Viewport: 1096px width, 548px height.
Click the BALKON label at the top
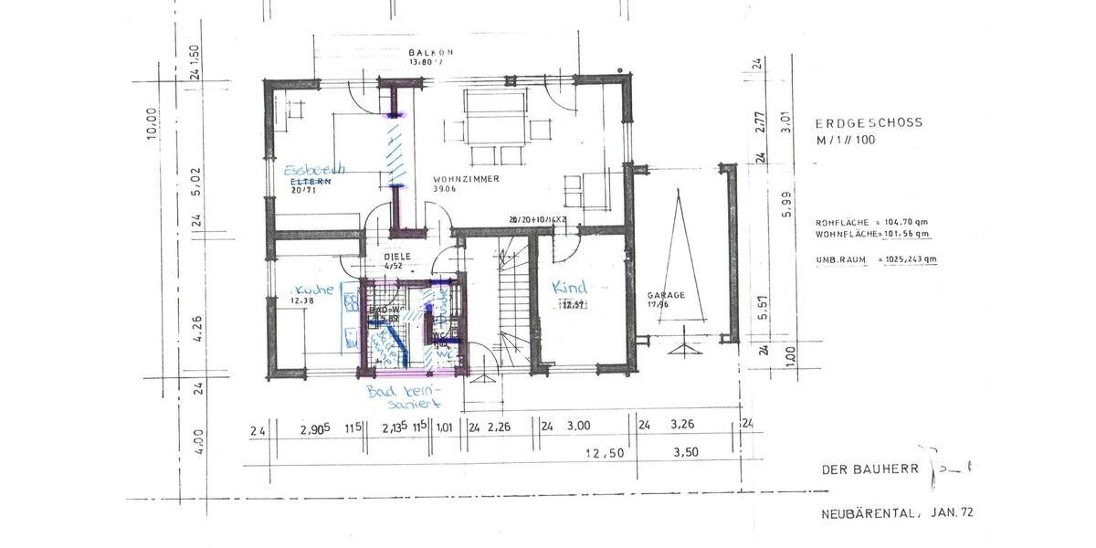430,53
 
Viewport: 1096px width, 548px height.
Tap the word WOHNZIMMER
466,179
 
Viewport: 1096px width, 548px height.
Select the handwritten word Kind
569,288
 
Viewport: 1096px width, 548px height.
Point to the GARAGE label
666,295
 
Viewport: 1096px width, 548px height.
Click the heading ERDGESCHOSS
869,121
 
